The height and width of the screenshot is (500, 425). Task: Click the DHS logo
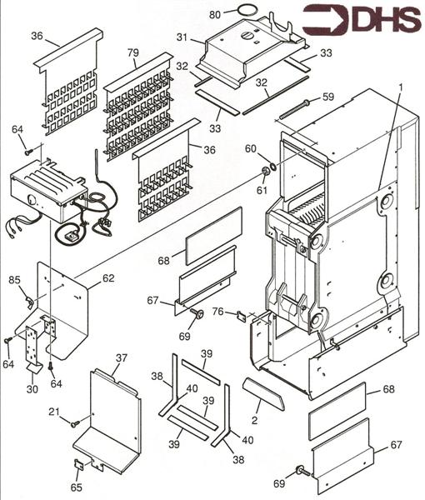(x=361, y=19)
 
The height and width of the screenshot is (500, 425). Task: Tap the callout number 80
(x=215, y=15)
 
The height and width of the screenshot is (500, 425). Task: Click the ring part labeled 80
(x=247, y=10)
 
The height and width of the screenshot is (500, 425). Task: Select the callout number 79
(x=133, y=52)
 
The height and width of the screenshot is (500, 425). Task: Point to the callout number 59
(x=328, y=97)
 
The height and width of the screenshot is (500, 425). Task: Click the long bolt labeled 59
(x=294, y=109)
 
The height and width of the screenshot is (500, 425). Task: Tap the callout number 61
(x=262, y=190)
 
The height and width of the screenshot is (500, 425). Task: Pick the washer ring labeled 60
(x=273, y=166)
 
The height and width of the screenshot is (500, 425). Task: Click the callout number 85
(x=14, y=280)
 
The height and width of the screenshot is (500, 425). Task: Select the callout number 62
(x=108, y=278)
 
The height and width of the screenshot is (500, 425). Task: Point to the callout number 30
(x=32, y=389)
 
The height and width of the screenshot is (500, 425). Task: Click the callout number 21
(x=54, y=412)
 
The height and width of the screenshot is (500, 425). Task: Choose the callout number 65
(x=77, y=487)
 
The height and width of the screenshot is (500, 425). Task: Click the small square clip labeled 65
(x=79, y=464)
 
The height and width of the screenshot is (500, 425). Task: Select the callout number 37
(x=122, y=358)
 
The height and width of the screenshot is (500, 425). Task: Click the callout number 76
(x=218, y=311)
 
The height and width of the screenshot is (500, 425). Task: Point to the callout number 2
(x=254, y=420)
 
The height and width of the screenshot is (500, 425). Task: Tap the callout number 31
(x=182, y=37)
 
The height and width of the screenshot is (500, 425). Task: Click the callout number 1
(x=401, y=87)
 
